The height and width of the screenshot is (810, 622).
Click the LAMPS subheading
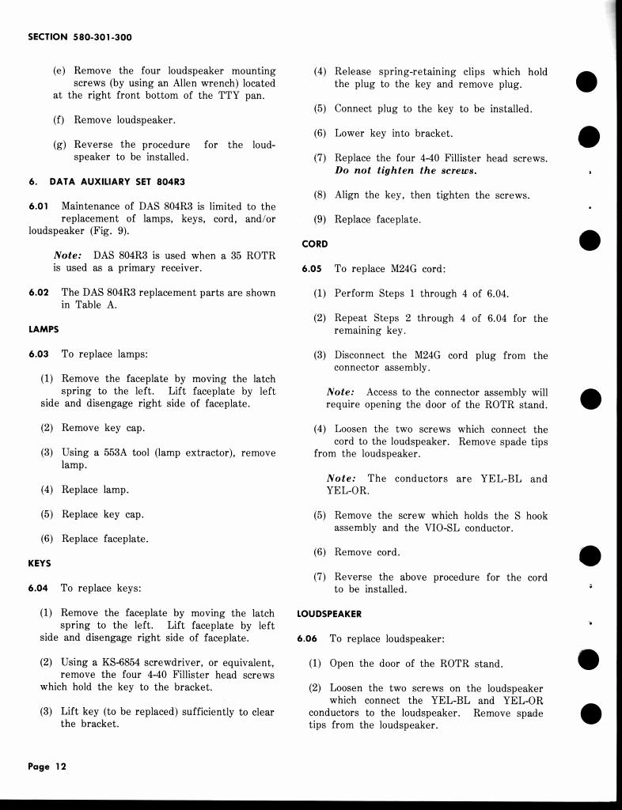pos(44,329)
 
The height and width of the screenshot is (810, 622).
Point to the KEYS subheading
pos(39,563)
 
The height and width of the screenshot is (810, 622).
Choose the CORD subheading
pos(315,244)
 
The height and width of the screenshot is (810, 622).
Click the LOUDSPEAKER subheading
pos(329,614)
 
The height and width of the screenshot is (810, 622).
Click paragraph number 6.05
pos(312,269)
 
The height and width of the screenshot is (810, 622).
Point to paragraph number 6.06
pos(309,638)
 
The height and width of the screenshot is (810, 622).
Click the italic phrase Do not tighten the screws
pos(405,171)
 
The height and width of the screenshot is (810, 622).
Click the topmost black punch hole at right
pos(586,81)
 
